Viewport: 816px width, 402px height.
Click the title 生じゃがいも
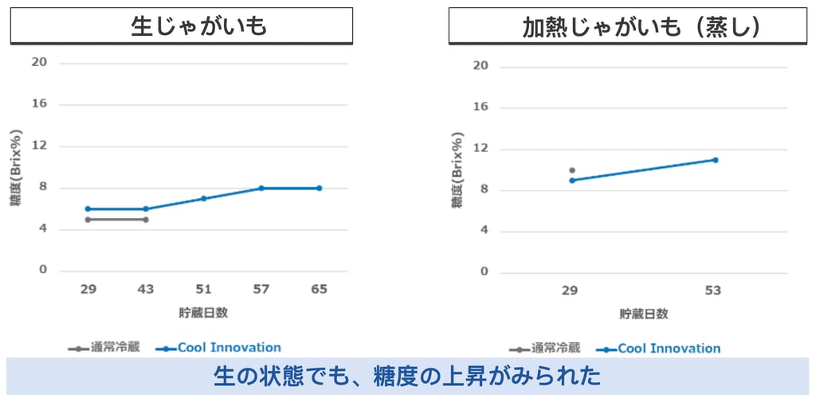198,26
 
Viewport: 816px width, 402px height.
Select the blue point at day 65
319,188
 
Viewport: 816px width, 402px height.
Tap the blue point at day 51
203,198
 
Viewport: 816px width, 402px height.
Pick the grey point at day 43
146,219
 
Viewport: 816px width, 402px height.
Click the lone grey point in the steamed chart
571,170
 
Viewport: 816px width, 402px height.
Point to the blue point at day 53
715,160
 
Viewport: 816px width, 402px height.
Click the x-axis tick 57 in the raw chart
261,290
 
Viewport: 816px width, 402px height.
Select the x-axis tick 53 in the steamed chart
712,291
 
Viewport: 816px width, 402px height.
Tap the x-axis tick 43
146,290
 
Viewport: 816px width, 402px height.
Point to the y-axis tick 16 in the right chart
481,107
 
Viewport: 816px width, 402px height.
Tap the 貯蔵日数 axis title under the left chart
203,313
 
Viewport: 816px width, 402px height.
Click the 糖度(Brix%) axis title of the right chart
457,169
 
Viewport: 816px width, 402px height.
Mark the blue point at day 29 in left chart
88,209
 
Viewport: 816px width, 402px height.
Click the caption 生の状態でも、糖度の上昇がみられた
407,376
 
